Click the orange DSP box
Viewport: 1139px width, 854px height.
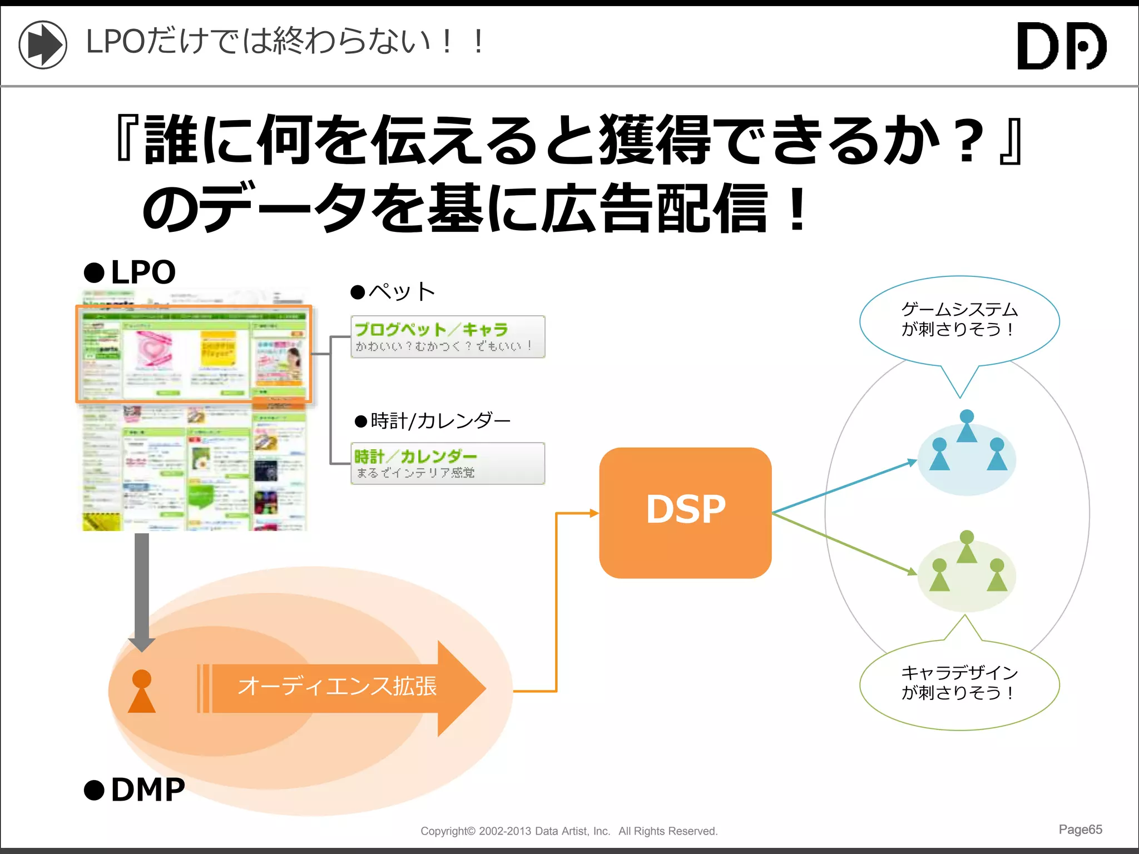(x=685, y=512)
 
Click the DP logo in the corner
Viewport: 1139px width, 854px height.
(x=1061, y=46)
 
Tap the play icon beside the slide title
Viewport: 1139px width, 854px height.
(x=43, y=44)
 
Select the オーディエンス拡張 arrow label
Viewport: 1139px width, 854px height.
(x=337, y=686)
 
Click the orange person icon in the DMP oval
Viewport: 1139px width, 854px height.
(x=142, y=691)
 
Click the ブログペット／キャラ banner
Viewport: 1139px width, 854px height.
(x=448, y=336)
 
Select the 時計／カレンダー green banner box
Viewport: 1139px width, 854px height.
(x=448, y=463)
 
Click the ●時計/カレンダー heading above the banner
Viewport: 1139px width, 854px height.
(x=433, y=421)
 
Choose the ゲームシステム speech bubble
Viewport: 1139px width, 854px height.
(x=959, y=320)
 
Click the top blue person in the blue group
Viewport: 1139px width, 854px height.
(x=967, y=426)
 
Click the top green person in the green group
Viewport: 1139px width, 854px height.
(x=967, y=547)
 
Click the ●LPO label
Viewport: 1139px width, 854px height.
(x=130, y=272)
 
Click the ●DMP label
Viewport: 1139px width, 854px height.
(x=135, y=790)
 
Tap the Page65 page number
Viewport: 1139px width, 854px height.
(x=1080, y=830)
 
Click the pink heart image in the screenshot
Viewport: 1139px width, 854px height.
(x=153, y=350)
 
